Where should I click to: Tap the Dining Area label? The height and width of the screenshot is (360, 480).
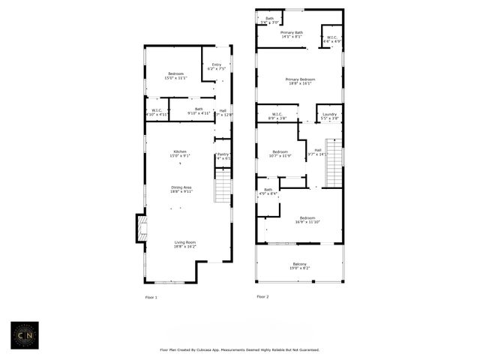tap(181, 189)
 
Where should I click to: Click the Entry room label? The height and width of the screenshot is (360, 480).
tap(217, 66)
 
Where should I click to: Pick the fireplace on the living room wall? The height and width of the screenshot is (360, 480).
tap(140, 228)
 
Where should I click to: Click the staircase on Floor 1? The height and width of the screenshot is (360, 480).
tap(223, 185)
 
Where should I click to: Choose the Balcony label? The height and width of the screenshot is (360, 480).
tap(299, 265)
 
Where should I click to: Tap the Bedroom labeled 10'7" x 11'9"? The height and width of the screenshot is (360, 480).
tap(280, 153)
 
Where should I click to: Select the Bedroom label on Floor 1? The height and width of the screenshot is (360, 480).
tap(175, 76)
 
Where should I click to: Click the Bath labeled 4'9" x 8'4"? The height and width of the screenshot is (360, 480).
tap(268, 191)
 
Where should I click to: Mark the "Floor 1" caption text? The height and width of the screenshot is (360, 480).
tap(151, 297)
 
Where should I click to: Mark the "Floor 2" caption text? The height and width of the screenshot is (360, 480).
tap(262, 297)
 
